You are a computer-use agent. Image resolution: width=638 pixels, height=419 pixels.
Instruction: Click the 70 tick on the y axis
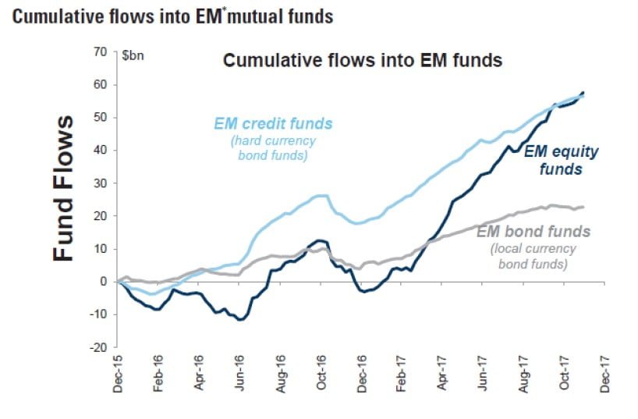click(x=99, y=52)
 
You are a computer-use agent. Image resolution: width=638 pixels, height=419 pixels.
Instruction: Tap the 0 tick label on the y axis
click(x=103, y=282)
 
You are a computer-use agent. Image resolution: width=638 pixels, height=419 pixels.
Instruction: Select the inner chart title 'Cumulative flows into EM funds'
click(x=362, y=61)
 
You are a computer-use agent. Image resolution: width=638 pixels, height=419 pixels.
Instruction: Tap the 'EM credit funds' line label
click(x=273, y=124)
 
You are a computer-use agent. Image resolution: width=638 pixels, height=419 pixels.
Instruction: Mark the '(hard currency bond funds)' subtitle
click(x=273, y=147)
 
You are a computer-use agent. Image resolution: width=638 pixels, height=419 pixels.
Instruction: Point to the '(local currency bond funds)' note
click(x=533, y=257)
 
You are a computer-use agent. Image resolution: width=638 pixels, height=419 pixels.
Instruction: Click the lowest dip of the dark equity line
click(x=241, y=320)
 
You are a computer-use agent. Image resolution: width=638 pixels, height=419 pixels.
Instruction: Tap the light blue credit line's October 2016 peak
click(x=322, y=195)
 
